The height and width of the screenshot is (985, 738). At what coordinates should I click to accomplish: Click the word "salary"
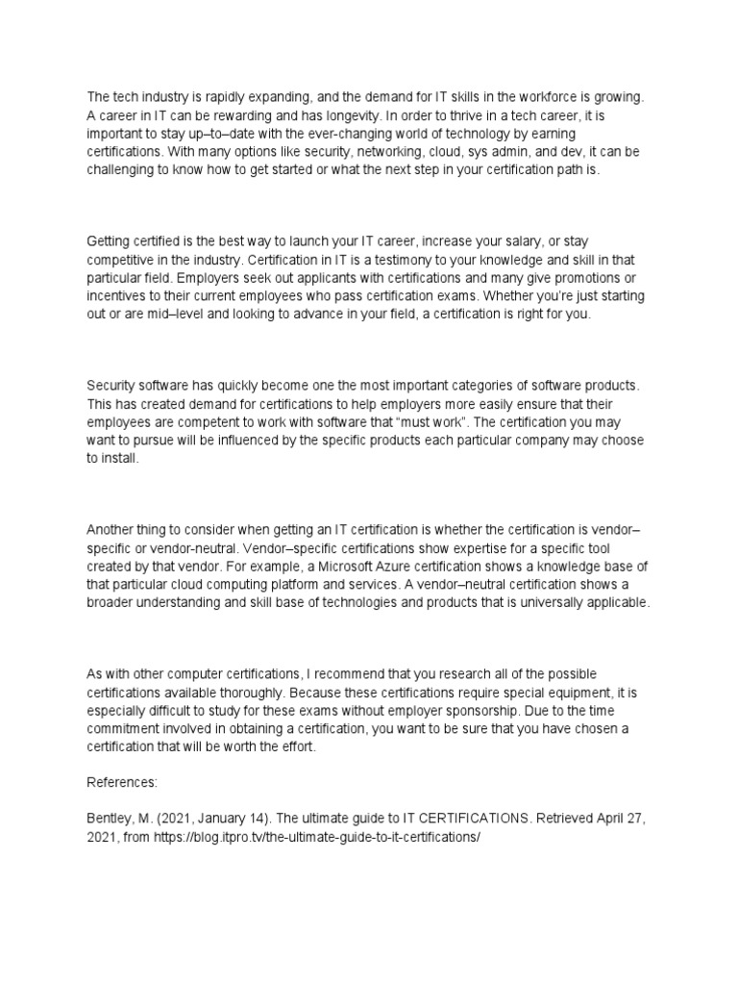coord(502,240)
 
